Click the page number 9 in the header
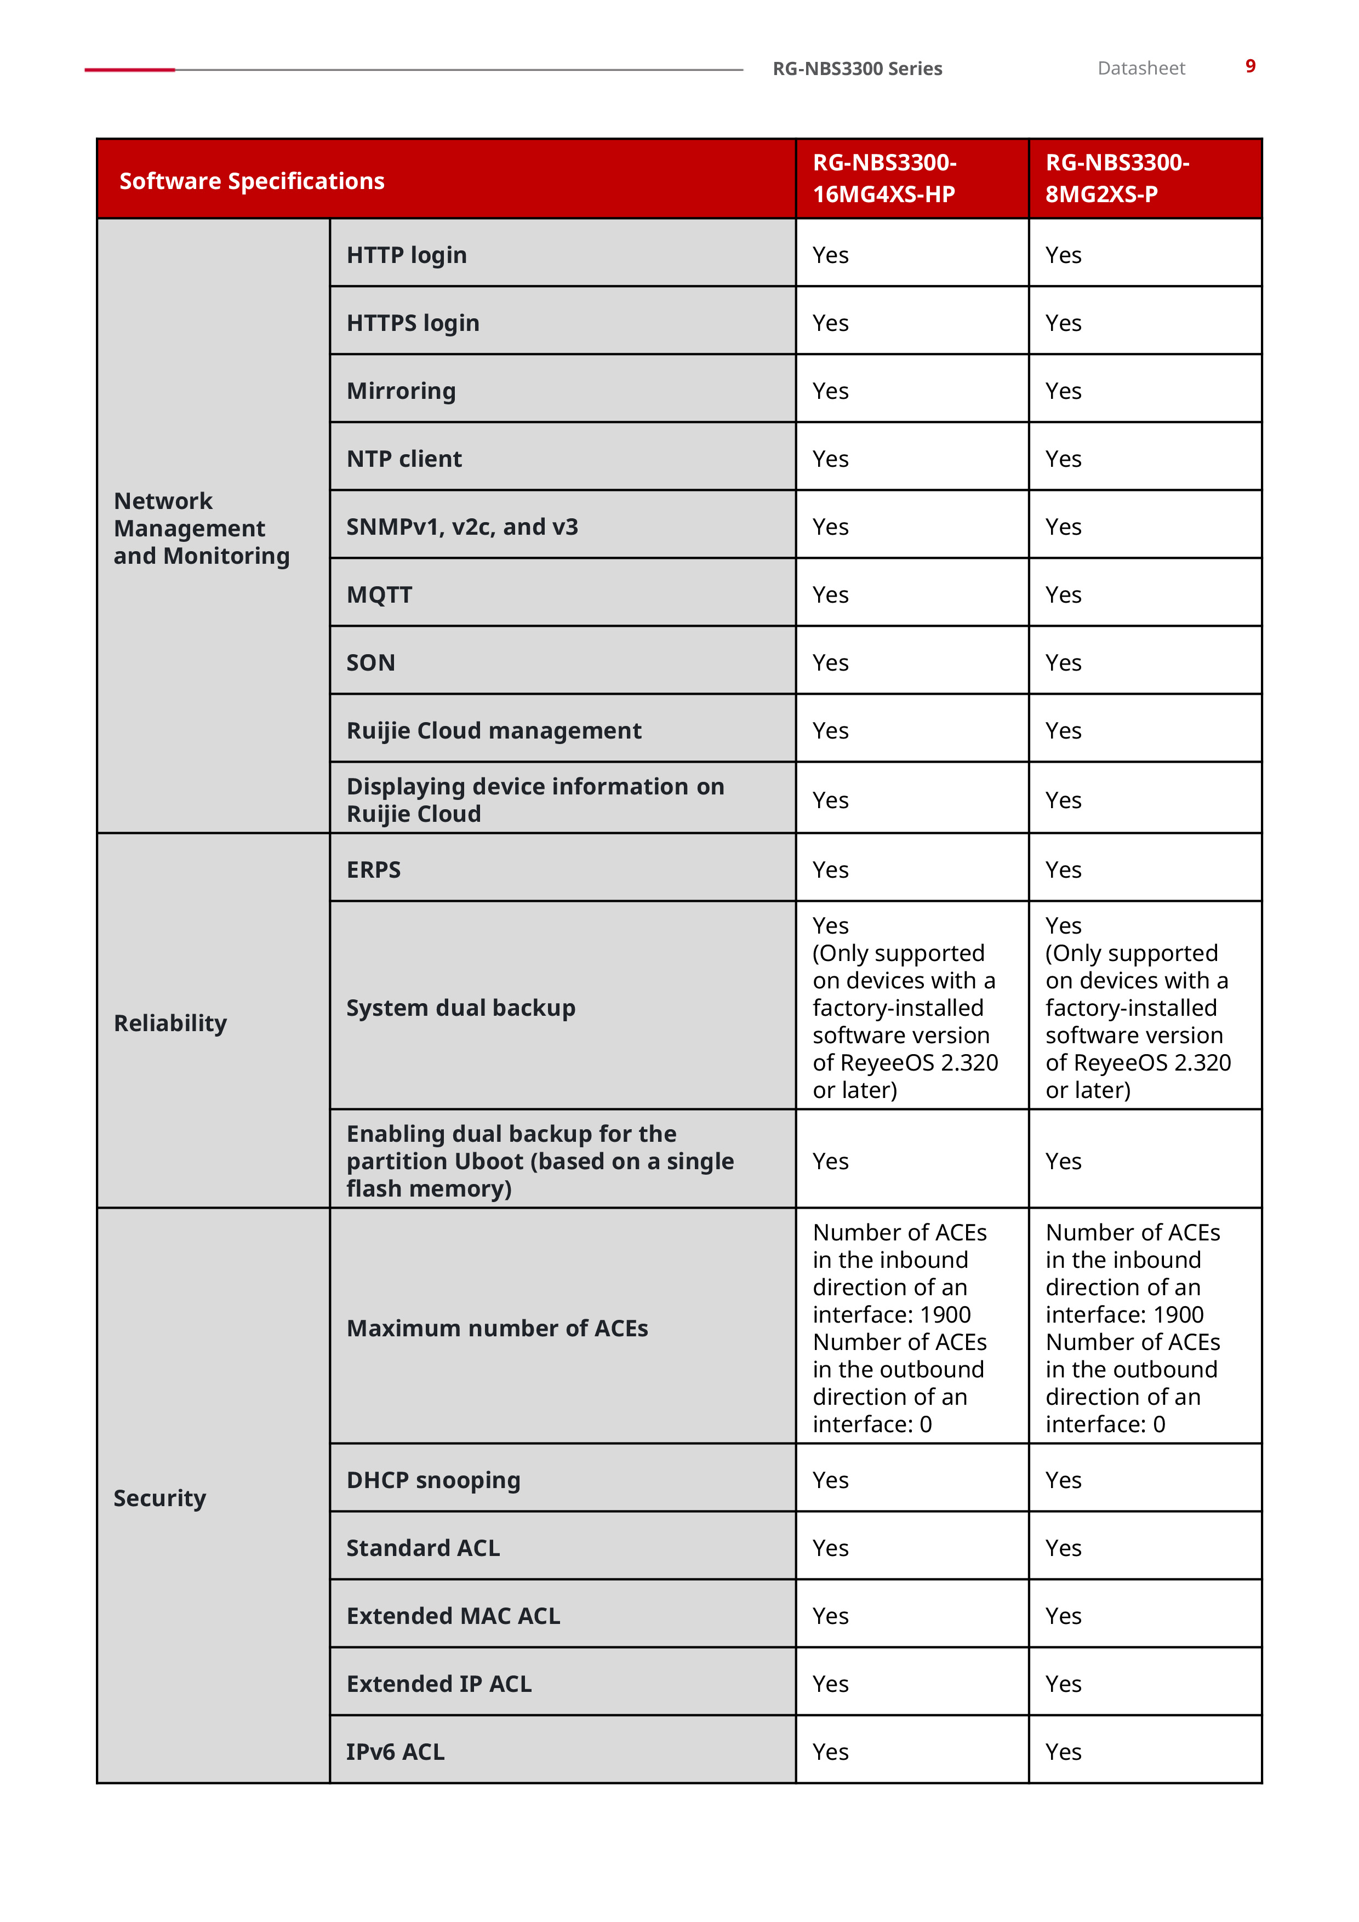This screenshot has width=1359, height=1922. tap(1249, 66)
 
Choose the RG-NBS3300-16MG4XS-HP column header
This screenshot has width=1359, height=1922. tap(884, 178)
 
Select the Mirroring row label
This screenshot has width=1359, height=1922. tap(401, 391)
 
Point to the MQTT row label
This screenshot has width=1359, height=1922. tap(379, 594)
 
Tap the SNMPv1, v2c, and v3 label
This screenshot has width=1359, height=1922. tap(462, 527)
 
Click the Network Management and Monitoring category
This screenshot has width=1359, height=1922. tap(202, 528)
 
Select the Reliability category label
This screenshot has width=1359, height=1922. tap(170, 1023)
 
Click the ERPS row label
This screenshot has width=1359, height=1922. tap(374, 870)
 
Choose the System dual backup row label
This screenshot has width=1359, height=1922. tap(460, 1008)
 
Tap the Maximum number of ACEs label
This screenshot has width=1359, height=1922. tap(498, 1329)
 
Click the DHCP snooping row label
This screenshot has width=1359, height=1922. tap(433, 1480)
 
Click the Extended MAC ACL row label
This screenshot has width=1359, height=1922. tap(453, 1616)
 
